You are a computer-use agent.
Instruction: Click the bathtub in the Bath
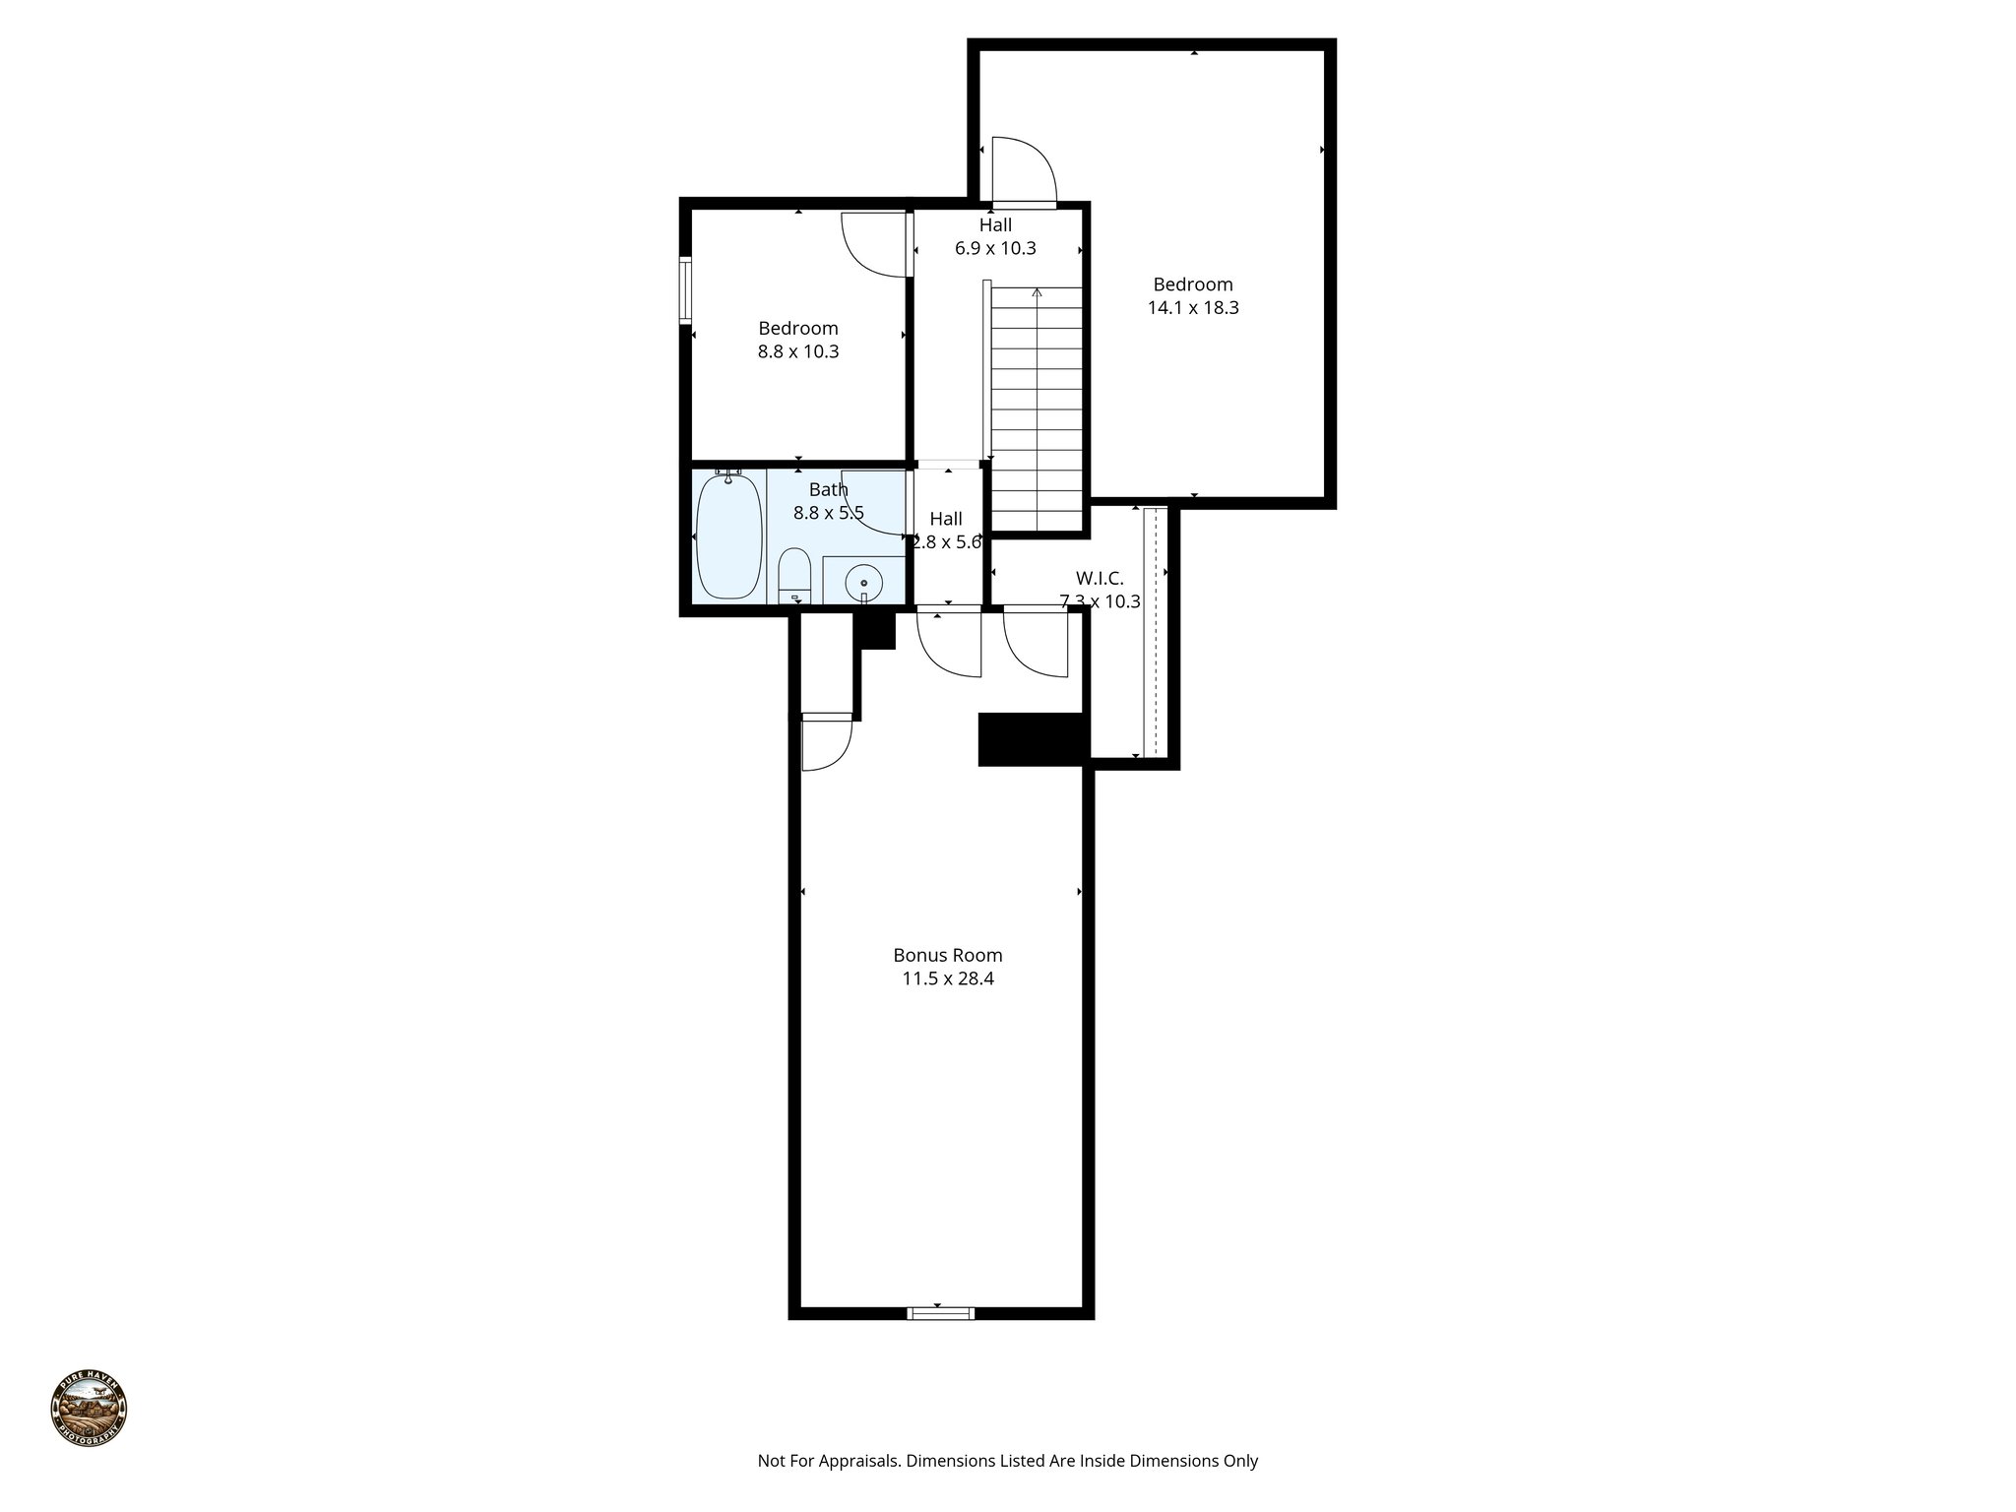tap(729, 535)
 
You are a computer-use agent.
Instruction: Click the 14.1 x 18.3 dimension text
tap(1193, 308)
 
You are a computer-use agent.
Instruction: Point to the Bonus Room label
tap(947, 955)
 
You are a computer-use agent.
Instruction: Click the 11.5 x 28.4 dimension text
tap(947, 979)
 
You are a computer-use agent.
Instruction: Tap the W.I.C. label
tap(1100, 579)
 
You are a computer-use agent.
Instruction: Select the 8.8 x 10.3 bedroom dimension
tap(797, 352)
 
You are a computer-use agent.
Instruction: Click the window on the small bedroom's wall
tap(685, 289)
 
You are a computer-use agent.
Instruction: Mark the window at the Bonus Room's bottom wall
tap(940, 1312)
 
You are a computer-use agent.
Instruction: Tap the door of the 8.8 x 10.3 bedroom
tap(872, 243)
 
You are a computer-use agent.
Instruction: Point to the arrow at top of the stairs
tap(1037, 293)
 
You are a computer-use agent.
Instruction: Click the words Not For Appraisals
tap(828, 1461)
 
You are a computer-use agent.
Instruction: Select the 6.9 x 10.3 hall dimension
tap(995, 249)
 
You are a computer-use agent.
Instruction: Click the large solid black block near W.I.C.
tap(1031, 738)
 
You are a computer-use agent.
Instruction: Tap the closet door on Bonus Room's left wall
tap(826, 744)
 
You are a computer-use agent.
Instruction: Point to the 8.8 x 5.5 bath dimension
tap(828, 513)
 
